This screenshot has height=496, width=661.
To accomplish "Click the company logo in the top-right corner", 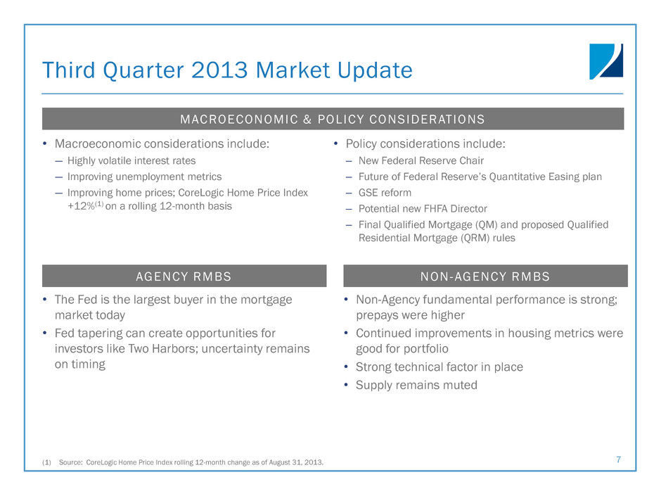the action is click(x=606, y=62).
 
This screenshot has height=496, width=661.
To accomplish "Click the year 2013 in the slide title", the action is click(x=219, y=70).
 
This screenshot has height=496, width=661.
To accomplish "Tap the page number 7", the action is click(x=618, y=459).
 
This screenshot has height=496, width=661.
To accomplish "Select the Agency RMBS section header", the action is click(x=184, y=276).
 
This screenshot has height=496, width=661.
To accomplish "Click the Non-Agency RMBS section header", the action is click(x=485, y=276).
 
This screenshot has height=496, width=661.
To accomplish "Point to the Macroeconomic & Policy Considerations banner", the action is click(x=333, y=119).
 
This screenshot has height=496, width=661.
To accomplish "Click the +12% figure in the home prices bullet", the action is click(x=81, y=206).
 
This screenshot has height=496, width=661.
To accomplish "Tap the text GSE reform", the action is click(x=385, y=193).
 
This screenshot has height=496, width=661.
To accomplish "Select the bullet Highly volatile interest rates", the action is click(x=131, y=160).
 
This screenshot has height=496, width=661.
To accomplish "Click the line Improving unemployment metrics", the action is click(x=145, y=177).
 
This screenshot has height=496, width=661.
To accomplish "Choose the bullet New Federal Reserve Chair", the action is click(x=421, y=160).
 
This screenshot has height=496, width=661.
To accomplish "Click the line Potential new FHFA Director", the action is click(x=423, y=209).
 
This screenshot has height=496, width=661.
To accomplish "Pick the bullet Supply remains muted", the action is click(x=416, y=385).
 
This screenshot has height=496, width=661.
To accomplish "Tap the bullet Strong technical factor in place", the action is click(x=439, y=367).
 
